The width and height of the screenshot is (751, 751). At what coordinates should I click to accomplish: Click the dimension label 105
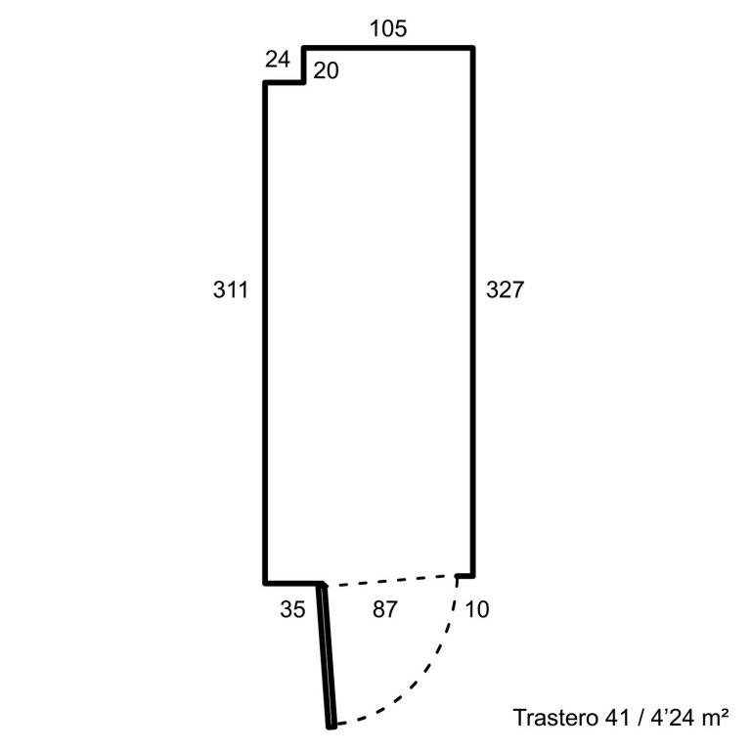tap(388, 28)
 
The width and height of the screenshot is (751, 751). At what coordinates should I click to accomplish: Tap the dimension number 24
tap(278, 60)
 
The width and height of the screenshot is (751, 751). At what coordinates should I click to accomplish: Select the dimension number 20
tap(326, 70)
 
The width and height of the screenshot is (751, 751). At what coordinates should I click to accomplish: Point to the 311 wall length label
tap(231, 289)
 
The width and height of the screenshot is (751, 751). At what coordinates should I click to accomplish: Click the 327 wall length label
tap(505, 289)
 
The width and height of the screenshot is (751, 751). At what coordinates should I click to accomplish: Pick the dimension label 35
tap(292, 610)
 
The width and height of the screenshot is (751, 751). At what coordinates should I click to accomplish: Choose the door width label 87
tap(384, 610)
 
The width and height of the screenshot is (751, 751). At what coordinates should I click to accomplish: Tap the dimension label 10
tap(477, 610)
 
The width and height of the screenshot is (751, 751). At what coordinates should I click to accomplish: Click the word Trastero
tap(555, 718)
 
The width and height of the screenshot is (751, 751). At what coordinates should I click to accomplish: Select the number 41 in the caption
tap(617, 718)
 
